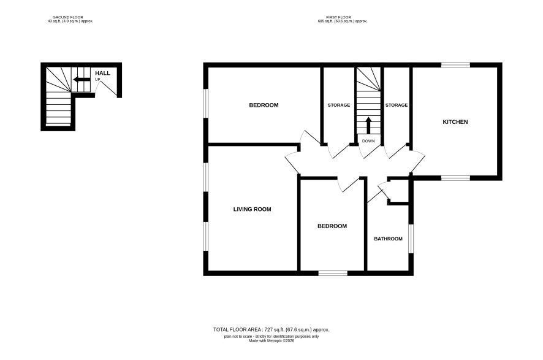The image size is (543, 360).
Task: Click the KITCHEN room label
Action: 455,122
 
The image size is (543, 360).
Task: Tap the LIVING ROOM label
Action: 252,209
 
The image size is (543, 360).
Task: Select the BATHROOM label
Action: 388,239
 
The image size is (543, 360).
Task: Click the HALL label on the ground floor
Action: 102,73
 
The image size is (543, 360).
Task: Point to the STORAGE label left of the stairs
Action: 339,105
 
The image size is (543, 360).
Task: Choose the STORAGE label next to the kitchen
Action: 397,105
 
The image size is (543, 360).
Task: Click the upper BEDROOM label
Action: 264,105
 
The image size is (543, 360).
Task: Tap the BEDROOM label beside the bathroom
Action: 332,226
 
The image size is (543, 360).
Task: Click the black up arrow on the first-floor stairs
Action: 368,126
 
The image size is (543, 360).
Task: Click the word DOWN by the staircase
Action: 368,141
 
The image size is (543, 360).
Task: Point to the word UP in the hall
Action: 97,80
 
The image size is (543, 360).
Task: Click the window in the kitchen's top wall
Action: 455,65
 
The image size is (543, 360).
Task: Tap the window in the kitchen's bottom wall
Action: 455,178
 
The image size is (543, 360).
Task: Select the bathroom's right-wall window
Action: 411,239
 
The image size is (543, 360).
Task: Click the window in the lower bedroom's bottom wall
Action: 333,274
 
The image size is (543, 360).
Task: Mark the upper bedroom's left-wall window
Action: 206,103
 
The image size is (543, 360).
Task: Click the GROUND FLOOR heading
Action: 68,17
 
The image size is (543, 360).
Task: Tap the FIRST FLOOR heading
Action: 338,17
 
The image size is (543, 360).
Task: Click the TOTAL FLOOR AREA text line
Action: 271,330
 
